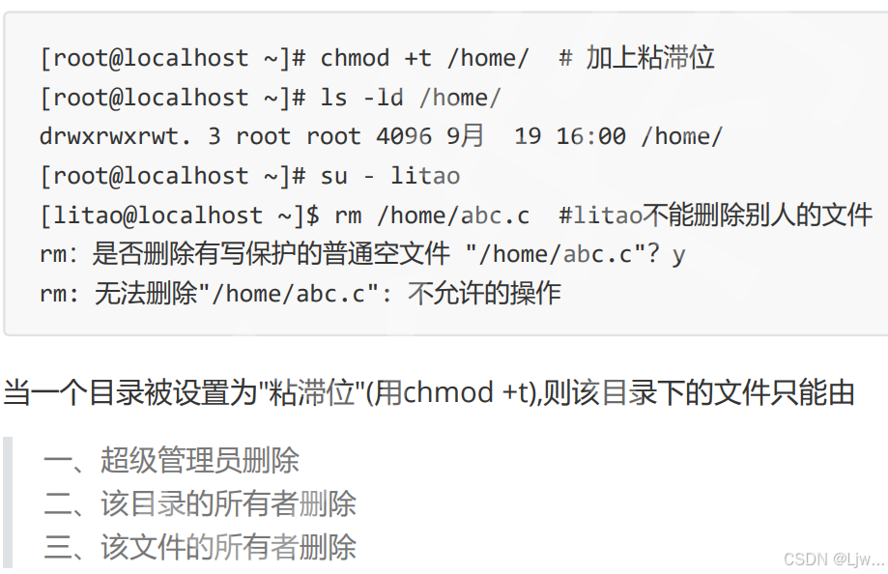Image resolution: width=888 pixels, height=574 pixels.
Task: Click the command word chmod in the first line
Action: (x=356, y=58)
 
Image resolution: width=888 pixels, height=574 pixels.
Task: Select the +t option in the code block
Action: (x=417, y=58)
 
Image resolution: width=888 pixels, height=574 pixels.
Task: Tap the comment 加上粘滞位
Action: (x=649, y=58)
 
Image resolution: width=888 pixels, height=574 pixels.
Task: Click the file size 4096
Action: (x=404, y=136)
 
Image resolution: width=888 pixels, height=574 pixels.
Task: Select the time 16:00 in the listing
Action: (x=591, y=136)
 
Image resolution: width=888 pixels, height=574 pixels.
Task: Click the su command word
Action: (x=333, y=176)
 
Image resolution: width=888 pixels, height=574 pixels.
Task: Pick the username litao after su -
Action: (x=425, y=176)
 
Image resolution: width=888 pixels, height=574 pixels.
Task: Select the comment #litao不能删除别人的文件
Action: (x=715, y=215)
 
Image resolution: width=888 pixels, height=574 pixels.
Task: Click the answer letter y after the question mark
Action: (x=679, y=254)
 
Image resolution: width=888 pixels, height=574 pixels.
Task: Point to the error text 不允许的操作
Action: (x=484, y=294)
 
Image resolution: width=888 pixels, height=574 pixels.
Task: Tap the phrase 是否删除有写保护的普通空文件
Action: (x=272, y=254)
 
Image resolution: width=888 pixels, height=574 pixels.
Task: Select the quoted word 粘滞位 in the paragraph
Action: (x=313, y=393)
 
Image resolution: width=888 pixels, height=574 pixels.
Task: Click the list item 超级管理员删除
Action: (x=200, y=460)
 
